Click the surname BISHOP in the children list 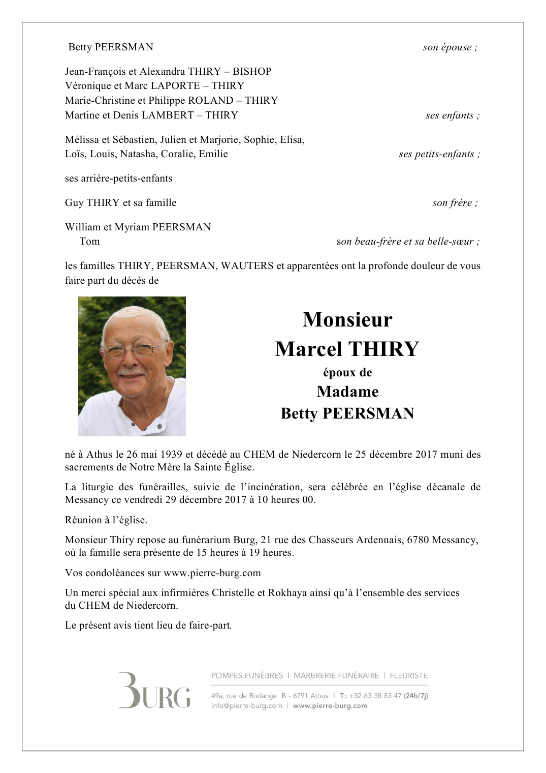[x=252, y=71]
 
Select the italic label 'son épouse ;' [x=450, y=47]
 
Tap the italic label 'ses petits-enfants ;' [x=439, y=154]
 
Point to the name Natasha [x=137, y=154]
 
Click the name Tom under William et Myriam [x=89, y=241]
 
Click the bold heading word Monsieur [x=347, y=319]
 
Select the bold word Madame [x=347, y=392]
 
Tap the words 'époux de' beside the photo [x=347, y=372]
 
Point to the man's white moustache [x=132, y=372]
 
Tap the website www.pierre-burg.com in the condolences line [x=212, y=573]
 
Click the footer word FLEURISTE [x=408, y=675]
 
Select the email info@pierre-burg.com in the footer [x=246, y=706]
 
